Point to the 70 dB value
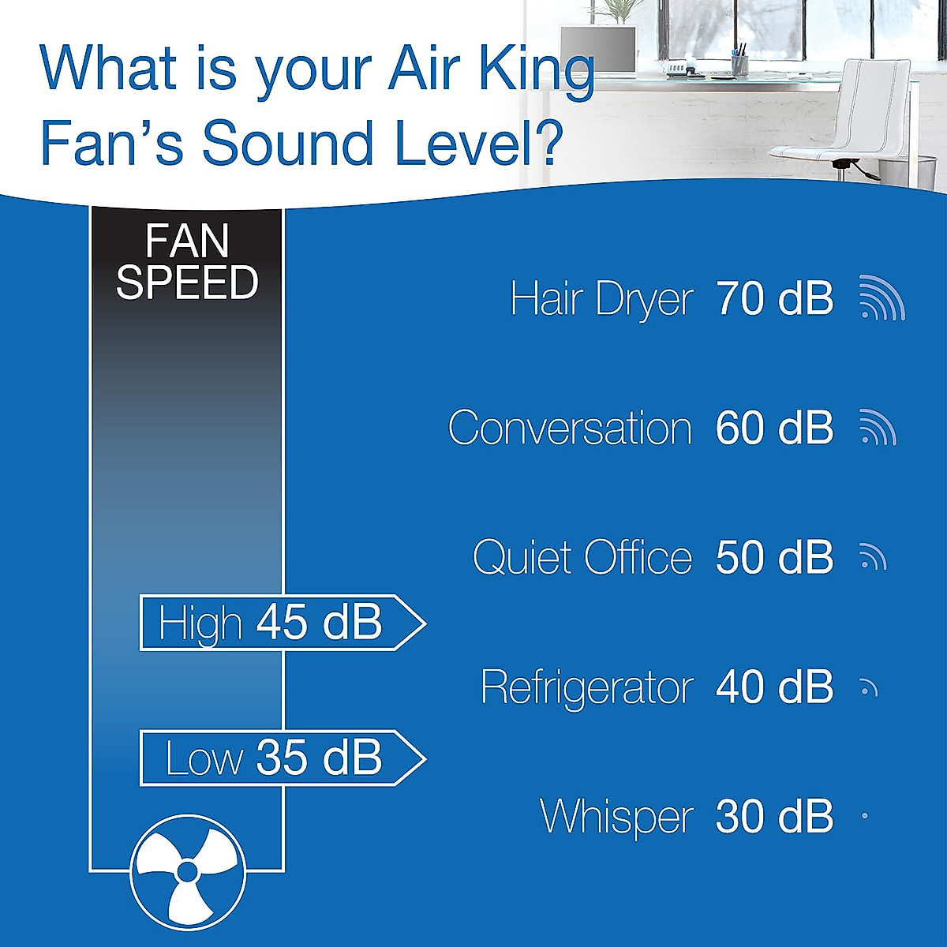[774, 299]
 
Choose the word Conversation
[570, 429]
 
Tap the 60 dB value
[774, 429]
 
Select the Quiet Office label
[582, 558]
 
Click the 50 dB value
[774, 558]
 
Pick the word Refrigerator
[586, 687]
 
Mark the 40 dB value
[774, 687]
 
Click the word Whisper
[616, 817]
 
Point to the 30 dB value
[774, 817]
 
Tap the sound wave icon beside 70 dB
[881, 299]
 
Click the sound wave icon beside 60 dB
[878, 427]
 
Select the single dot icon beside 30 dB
[865, 816]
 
